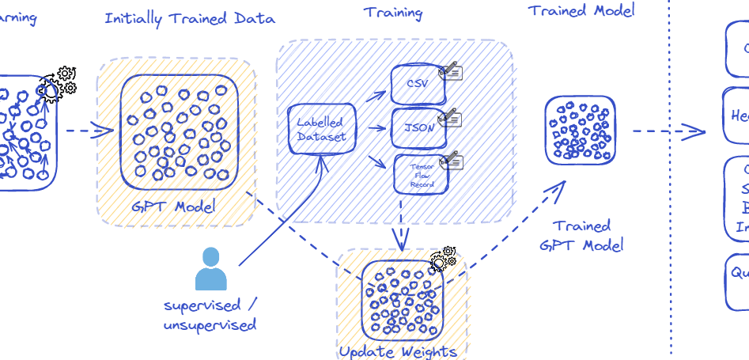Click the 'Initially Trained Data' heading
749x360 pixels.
click(190, 18)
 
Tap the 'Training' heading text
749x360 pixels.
click(392, 13)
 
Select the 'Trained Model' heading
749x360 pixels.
click(581, 10)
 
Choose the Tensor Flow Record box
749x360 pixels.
click(421, 174)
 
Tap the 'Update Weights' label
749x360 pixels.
click(398, 351)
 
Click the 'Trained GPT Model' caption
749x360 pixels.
click(581, 235)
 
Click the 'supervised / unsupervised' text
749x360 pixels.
click(210, 315)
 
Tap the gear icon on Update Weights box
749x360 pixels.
click(443, 258)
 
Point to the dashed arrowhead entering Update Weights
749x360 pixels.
click(401, 241)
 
